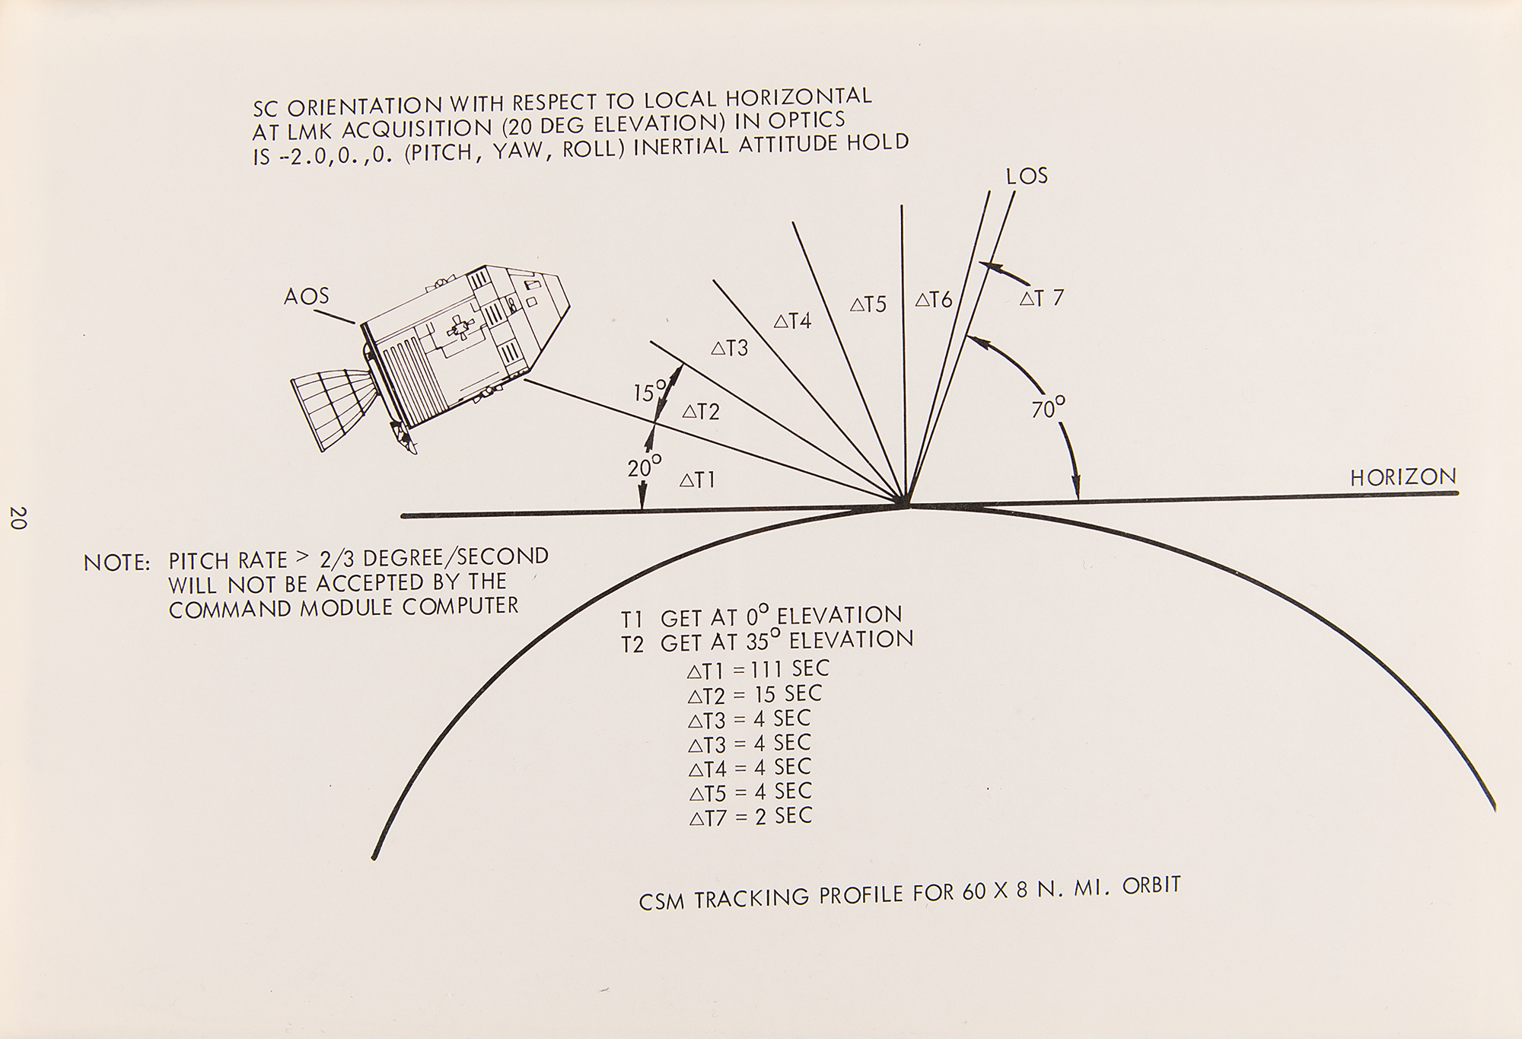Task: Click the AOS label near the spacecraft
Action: coord(307,296)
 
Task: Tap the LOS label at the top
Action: coord(1027,176)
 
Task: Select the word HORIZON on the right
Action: coord(1403,477)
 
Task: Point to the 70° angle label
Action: coord(1048,410)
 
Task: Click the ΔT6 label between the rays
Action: coord(933,300)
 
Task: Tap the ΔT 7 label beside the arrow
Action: coord(1041,298)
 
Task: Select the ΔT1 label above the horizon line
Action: coord(697,480)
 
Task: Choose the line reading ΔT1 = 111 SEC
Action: coord(758,670)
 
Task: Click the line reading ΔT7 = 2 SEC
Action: coord(750,817)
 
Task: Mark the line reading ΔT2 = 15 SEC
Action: coord(754,694)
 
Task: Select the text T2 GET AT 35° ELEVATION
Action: coord(767,642)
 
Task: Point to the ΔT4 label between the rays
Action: coord(792,321)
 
